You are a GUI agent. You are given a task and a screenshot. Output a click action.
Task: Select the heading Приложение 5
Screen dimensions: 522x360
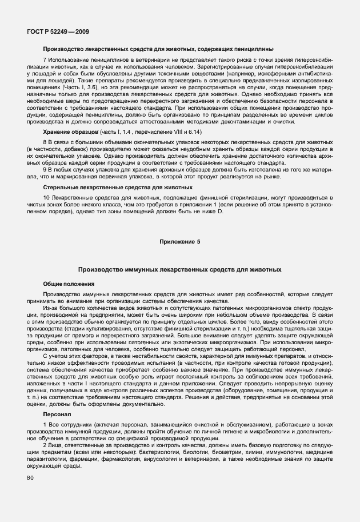(x=179, y=242)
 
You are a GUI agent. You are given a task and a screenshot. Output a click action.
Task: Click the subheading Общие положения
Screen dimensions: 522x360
(x=66, y=284)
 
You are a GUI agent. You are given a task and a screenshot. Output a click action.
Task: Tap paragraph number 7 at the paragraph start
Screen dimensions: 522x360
(x=45, y=60)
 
